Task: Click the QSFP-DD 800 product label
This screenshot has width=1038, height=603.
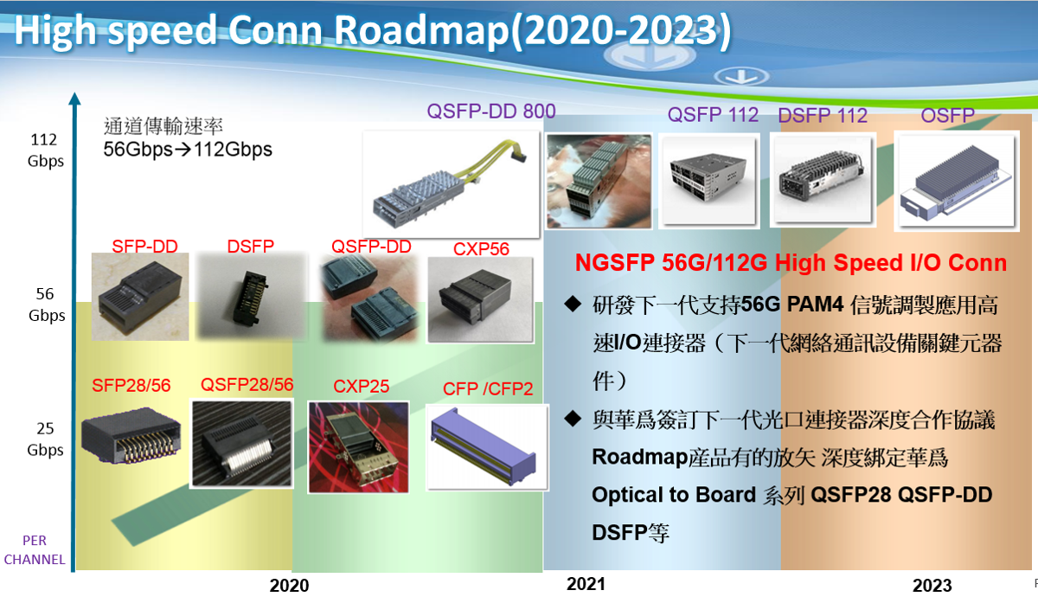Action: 491,112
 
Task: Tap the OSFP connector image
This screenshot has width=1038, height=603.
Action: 957,181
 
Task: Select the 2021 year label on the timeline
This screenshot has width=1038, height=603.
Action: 586,584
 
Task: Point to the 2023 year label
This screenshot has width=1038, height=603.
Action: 932,586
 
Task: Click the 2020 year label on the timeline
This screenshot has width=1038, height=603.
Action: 289,586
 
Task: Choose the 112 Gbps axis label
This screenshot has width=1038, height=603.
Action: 45,151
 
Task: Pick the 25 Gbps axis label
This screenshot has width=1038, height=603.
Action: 45,439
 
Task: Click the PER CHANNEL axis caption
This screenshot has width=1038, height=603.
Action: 35,549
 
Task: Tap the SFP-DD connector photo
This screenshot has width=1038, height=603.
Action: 140,297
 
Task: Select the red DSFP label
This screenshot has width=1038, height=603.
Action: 250,246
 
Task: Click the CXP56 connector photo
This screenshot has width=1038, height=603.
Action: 481,300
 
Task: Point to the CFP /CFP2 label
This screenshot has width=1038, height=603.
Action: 488,388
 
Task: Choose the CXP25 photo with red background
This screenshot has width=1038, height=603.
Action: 359,447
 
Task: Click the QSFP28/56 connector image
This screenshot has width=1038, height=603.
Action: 241,444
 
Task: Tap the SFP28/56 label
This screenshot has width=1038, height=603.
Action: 131,386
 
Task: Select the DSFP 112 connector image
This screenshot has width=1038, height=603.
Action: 823,180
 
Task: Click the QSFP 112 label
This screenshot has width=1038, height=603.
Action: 713,115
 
